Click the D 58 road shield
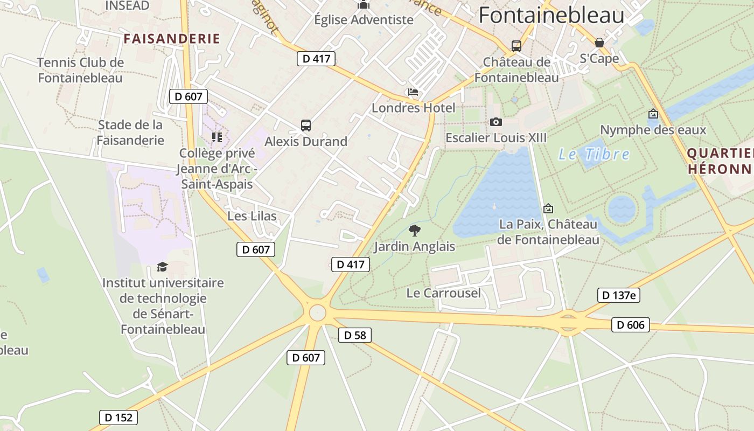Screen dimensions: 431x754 click(x=355, y=335)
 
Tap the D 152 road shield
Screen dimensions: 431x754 click(x=118, y=417)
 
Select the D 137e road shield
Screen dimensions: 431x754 click(x=618, y=295)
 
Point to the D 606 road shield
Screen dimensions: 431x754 click(x=630, y=325)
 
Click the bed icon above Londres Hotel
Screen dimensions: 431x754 click(x=413, y=92)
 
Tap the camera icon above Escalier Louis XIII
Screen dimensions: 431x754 click(x=496, y=122)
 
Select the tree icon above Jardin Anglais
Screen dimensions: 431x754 click(x=414, y=231)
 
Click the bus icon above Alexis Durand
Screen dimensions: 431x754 click(x=306, y=126)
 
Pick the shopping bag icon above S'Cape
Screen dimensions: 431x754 click(x=599, y=43)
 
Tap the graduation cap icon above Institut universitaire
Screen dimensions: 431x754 click(x=162, y=267)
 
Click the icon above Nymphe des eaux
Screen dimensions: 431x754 click(x=653, y=114)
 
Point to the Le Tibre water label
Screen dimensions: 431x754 click(x=594, y=155)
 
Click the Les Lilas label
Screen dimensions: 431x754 click(x=252, y=216)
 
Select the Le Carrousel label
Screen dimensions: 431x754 click(x=443, y=293)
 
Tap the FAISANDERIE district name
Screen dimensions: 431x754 click(x=172, y=39)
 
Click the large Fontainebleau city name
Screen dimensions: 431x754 click(x=551, y=15)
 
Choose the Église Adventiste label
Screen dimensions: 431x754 click(x=364, y=20)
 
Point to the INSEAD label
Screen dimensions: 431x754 click(x=127, y=5)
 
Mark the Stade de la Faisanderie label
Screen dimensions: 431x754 click(x=130, y=133)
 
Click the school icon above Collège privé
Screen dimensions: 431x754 click(x=217, y=137)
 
